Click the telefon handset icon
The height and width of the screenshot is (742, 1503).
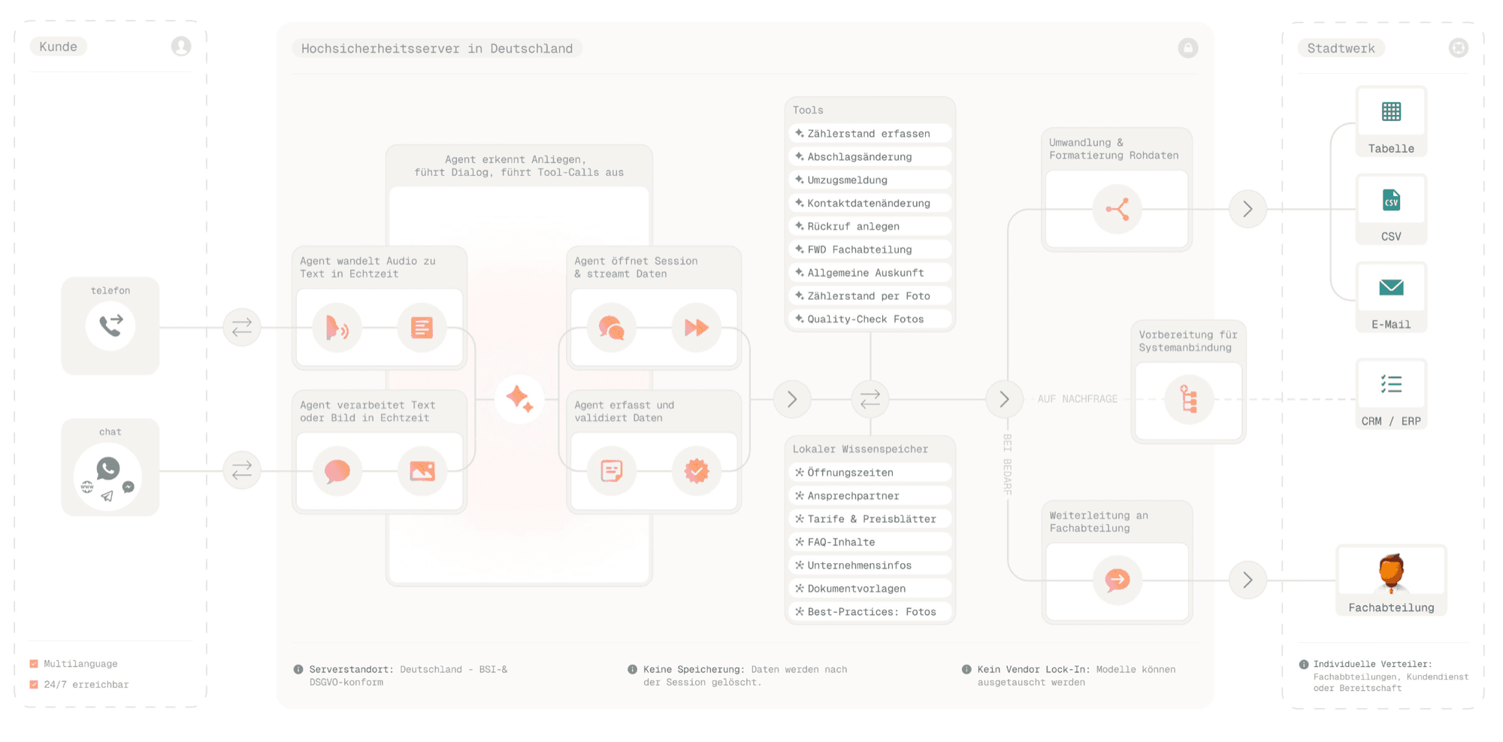pos(110,326)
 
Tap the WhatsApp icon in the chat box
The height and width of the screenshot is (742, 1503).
pos(108,468)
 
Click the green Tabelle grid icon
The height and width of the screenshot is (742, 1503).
pos(1391,112)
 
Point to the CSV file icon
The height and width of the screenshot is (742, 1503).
pos(1391,200)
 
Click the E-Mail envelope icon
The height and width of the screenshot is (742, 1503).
pos(1391,287)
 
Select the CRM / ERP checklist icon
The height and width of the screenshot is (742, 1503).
pos(1391,384)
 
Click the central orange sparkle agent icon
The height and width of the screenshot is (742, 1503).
pos(519,398)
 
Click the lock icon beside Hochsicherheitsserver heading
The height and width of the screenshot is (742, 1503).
pos(1188,48)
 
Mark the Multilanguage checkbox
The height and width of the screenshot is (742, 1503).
pos(34,664)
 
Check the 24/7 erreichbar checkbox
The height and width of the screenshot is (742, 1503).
pos(34,684)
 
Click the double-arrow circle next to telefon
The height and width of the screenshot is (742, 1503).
pos(242,328)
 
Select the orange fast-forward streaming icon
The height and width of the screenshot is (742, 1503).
pos(697,328)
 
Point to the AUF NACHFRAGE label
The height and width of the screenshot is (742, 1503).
pos(1077,399)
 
